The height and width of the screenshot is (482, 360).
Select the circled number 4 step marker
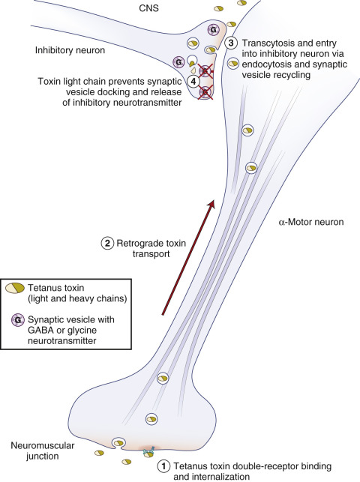193,81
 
